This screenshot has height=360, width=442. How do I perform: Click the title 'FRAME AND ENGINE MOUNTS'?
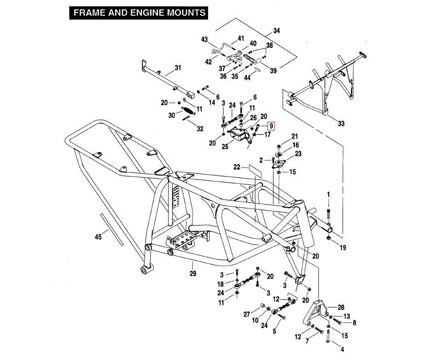tap(140, 12)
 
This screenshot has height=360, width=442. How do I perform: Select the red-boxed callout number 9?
tap(271, 126)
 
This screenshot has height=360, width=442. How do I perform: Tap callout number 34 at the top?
tap(276, 31)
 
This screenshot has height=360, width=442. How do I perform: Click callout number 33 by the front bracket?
tap(341, 124)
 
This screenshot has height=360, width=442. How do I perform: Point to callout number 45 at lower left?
tap(98, 237)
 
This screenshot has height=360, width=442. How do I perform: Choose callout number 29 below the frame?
tap(192, 274)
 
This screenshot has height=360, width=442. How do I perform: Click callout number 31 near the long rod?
tap(178, 70)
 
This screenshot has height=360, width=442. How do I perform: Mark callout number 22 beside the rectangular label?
tap(237, 167)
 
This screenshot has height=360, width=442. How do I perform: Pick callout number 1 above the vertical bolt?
tap(328, 195)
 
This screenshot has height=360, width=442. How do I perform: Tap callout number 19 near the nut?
tap(343, 248)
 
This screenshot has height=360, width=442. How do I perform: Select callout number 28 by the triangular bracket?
tap(341, 307)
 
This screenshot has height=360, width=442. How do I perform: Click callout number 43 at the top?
tap(204, 40)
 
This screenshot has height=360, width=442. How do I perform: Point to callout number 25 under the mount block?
tap(225, 147)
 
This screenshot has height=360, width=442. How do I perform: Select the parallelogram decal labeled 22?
tap(255, 169)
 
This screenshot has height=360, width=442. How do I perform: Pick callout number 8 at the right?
tap(354, 323)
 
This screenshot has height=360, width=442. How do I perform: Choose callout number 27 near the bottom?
tap(247, 314)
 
